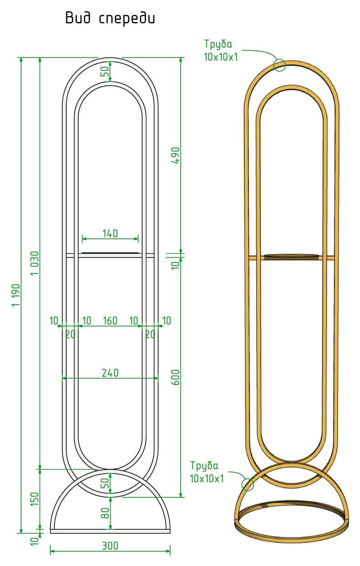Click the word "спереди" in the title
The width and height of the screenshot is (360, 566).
127,18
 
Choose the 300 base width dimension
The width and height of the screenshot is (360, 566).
110,546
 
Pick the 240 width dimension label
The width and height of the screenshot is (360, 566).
110,373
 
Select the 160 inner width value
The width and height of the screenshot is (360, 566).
110,321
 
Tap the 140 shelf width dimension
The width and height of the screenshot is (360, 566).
110,234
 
